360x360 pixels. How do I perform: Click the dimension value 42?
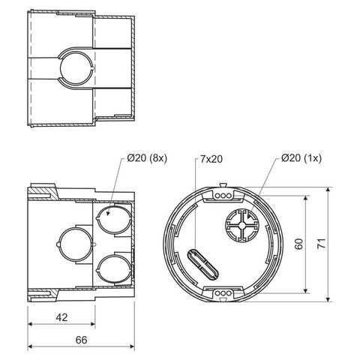(x=61, y=317)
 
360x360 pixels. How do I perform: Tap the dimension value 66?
(x=82, y=340)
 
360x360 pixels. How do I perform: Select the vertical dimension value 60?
(x=299, y=244)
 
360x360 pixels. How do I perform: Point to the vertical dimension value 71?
(x=322, y=243)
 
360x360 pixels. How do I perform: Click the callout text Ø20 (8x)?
(x=147, y=158)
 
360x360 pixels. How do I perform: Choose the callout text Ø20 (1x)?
(x=301, y=158)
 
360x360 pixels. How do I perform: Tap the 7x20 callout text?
(x=211, y=159)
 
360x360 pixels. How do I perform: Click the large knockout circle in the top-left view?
(x=76, y=68)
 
